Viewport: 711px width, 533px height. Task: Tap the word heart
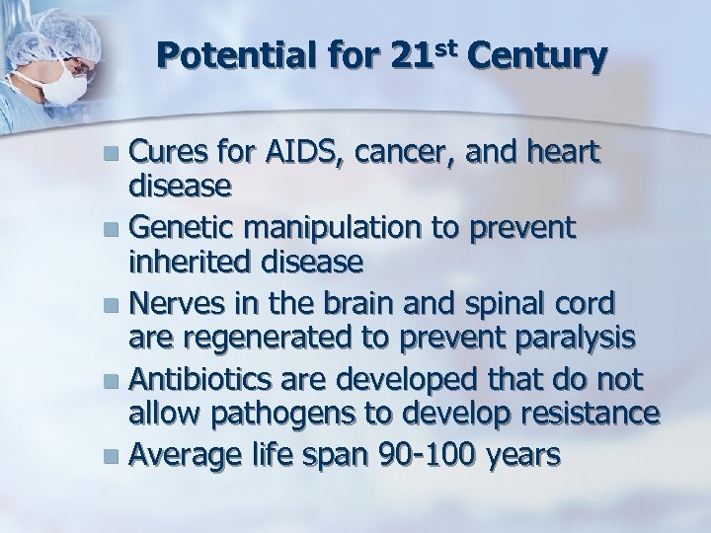tap(560, 155)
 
